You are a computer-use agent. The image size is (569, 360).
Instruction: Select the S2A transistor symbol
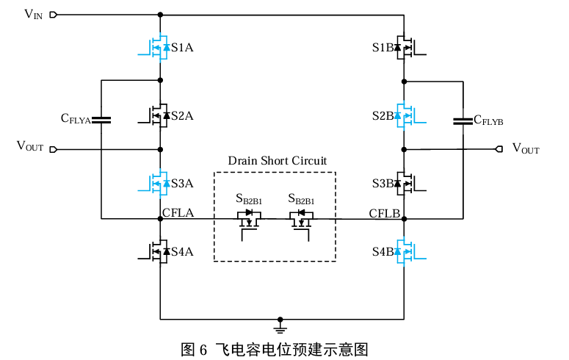point(156,115)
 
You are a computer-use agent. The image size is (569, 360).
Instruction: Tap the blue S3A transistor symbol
point(156,184)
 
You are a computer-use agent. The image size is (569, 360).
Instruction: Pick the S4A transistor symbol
point(156,251)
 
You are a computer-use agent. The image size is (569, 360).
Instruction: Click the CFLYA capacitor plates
point(101,119)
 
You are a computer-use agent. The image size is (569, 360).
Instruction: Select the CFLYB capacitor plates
point(463,120)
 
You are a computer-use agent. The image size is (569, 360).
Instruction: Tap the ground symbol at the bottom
point(280,323)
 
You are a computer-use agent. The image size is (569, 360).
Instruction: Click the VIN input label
point(33,14)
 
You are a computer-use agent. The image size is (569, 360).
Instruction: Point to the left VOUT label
point(30,147)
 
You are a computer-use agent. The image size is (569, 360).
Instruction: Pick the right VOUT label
point(526,149)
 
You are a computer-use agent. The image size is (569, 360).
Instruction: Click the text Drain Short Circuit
point(277,160)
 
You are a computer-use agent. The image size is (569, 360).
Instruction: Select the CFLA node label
point(178,214)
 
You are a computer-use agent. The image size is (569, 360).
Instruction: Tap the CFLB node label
point(384,214)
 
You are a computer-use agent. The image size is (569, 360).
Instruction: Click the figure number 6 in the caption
point(203,349)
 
